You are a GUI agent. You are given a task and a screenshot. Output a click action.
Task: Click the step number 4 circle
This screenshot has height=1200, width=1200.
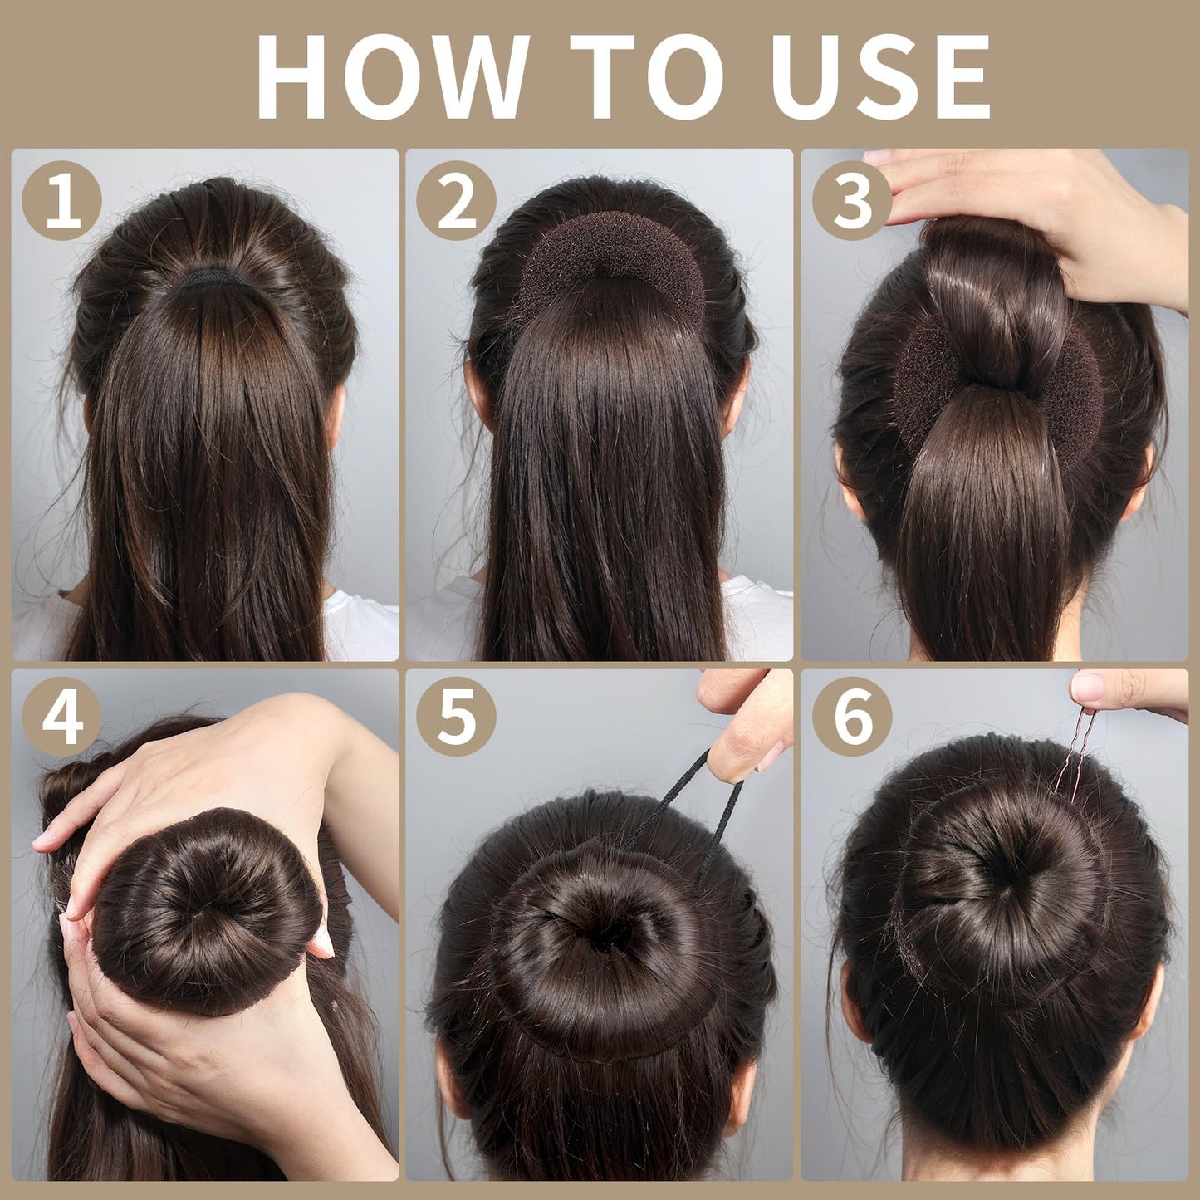[x=61, y=716]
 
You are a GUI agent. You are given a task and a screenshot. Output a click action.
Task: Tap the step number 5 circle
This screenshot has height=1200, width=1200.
[x=456, y=716]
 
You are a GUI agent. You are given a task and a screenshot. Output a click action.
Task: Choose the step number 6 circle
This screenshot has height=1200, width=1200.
[x=852, y=716]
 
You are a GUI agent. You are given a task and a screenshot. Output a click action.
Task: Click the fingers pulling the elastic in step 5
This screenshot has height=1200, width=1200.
[x=747, y=718]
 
